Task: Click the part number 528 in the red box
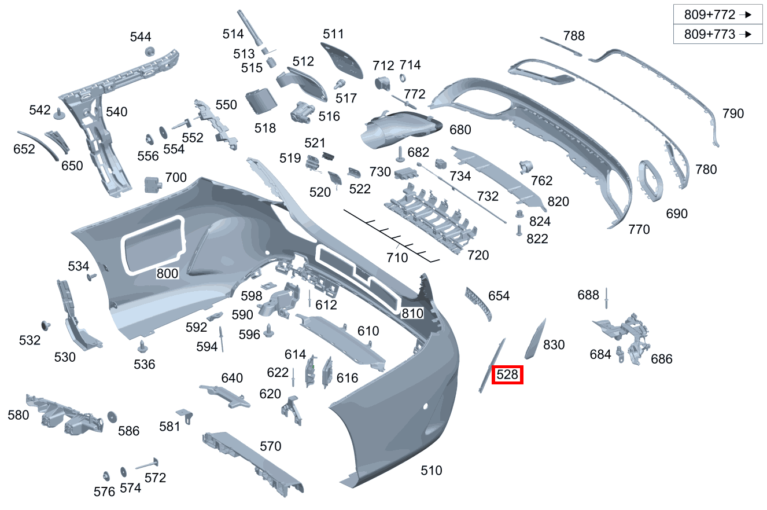(x=507, y=375)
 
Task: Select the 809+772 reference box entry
(x=718, y=14)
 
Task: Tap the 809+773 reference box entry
(x=718, y=34)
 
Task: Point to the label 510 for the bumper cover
(x=431, y=470)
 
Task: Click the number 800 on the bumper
(x=167, y=273)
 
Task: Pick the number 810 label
(x=412, y=313)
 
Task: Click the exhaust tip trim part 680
(x=401, y=130)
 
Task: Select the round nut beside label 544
(x=149, y=52)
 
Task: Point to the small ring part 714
(x=403, y=78)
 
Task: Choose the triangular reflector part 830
(x=536, y=339)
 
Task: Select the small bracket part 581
(x=185, y=416)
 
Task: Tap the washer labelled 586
(x=112, y=417)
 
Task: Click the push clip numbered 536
(x=142, y=347)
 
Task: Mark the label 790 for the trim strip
(x=733, y=113)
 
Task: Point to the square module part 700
(x=153, y=185)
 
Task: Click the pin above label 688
(x=606, y=298)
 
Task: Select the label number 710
(x=397, y=258)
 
